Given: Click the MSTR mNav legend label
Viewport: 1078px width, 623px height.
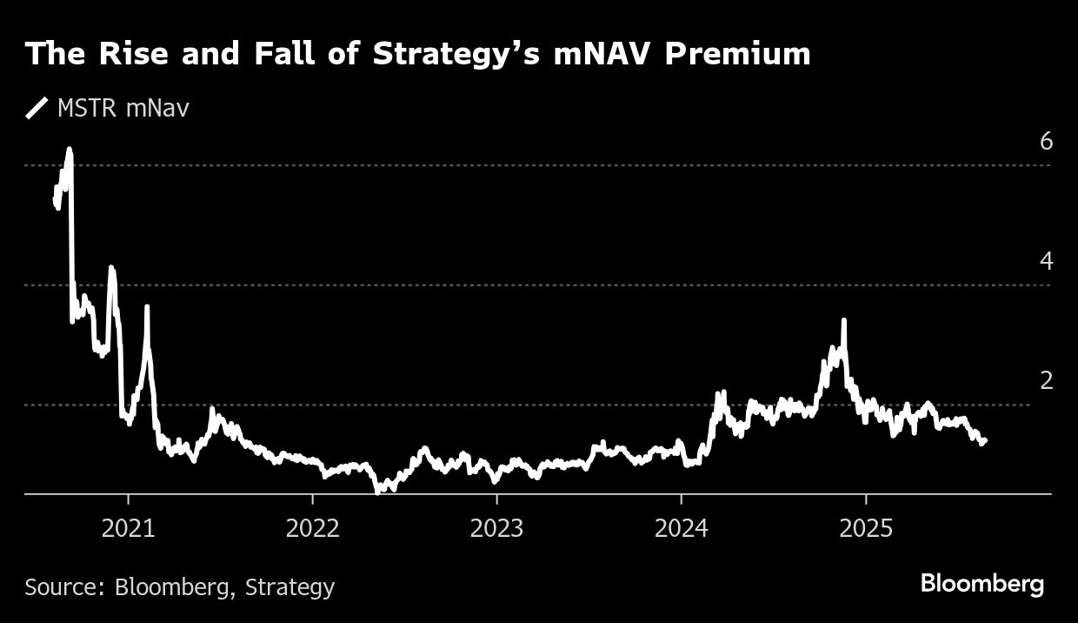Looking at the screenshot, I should (x=123, y=109).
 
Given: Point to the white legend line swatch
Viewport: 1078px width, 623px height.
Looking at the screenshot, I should (x=37, y=109).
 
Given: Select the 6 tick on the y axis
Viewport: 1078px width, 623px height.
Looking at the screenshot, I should (x=1046, y=141).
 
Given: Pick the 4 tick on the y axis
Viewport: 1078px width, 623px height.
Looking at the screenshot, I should (x=1046, y=261).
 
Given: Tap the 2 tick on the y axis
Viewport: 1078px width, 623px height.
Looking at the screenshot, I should (x=1046, y=381).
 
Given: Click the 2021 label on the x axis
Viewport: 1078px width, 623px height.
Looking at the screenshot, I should (x=128, y=530).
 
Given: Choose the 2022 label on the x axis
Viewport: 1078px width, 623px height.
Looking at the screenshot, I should (x=312, y=530).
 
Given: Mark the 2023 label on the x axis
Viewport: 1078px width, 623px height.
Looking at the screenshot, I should (x=496, y=530).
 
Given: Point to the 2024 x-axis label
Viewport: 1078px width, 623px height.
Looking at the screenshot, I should (x=681, y=530).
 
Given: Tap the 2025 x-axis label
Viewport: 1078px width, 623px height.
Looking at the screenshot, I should (x=865, y=530).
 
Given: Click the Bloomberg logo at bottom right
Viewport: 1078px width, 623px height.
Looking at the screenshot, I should (x=982, y=584).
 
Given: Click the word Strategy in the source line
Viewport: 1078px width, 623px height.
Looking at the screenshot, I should (x=289, y=588).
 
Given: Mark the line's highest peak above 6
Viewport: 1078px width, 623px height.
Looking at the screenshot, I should (x=70, y=150).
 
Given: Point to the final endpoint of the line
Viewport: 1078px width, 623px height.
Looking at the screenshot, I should (x=984, y=441).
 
